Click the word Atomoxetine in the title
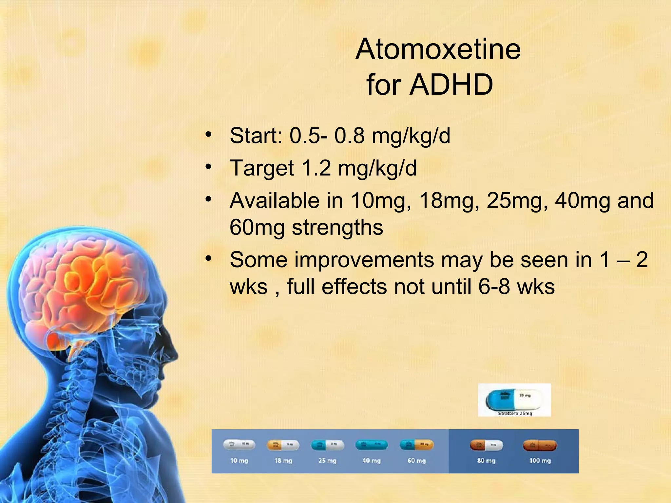click(438, 49)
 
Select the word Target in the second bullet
click(262, 168)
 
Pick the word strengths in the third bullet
click(337, 228)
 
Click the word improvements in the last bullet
click(364, 260)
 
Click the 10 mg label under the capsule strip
click(239, 461)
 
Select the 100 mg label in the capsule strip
click(540, 461)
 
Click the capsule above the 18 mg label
click(283, 445)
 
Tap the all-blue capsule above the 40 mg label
click(371, 445)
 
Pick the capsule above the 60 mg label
click(416, 445)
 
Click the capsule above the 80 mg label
click(486, 445)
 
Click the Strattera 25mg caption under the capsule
click(515, 414)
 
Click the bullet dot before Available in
click(208, 199)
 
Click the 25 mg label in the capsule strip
click(327, 461)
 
